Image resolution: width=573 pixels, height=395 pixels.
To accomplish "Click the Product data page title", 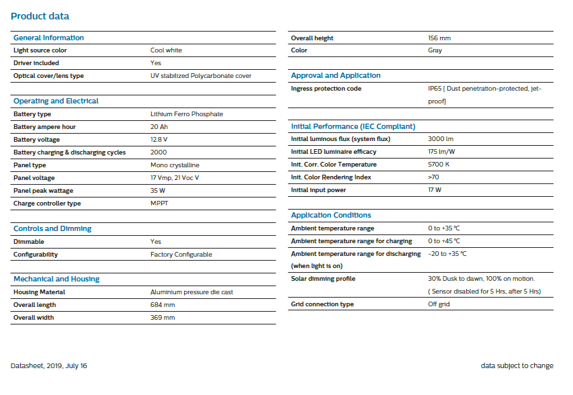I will [x=40, y=16].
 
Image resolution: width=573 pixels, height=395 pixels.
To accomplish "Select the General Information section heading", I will [x=49, y=38].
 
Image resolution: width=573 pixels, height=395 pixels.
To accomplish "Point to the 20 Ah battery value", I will [x=159, y=127].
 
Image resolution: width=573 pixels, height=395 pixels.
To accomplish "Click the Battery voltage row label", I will [x=36, y=140].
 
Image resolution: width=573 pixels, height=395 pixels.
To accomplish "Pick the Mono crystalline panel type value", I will [x=175, y=165].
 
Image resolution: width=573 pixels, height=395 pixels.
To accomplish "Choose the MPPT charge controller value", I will [x=159, y=204].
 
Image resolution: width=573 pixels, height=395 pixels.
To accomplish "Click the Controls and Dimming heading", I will [x=52, y=228].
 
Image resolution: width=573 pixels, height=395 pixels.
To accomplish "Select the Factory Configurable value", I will [x=181, y=255].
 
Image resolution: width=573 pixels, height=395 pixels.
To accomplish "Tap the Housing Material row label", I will [x=39, y=292].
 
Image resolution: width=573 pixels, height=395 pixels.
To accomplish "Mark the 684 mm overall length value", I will [x=163, y=305].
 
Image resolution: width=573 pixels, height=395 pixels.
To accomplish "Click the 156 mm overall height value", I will [x=439, y=38].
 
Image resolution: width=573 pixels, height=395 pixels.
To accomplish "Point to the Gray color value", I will [x=435, y=50].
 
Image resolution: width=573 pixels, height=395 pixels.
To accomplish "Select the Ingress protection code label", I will [x=326, y=89].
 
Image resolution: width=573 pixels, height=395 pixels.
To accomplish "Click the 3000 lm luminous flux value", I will [x=441, y=139].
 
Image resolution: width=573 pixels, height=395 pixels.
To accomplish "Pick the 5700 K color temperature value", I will [x=439, y=165].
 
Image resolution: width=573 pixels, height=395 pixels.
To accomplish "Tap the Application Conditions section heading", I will [x=330, y=215].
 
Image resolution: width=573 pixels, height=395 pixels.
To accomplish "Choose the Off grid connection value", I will [x=439, y=304].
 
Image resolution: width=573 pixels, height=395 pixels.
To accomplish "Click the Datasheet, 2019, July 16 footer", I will [x=49, y=366].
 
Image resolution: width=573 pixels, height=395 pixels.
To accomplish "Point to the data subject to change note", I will [x=517, y=366].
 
